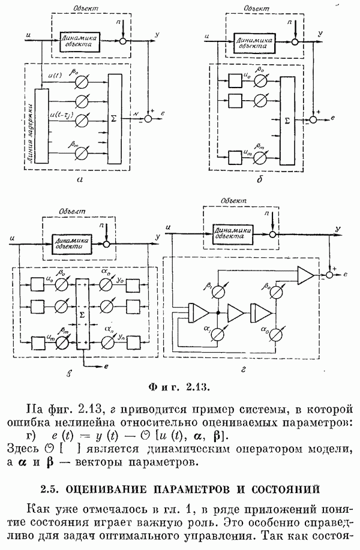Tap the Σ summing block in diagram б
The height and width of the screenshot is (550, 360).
[287, 119]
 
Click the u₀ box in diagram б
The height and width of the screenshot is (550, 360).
[235, 79]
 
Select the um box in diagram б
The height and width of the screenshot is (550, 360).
[235, 157]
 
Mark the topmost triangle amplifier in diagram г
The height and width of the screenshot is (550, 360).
[305, 275]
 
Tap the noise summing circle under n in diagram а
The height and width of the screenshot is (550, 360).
[124, 41]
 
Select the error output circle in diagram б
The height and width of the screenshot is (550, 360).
[313, 120]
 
